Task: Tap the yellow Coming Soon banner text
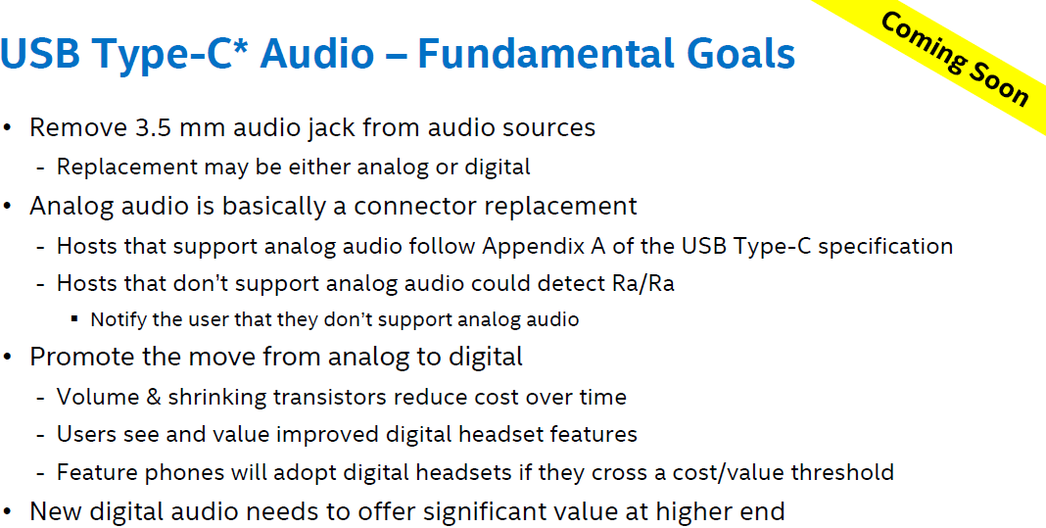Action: click(954, 59)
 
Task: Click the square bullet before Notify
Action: click(74, 319)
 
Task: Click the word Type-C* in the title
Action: click(180, 53)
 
